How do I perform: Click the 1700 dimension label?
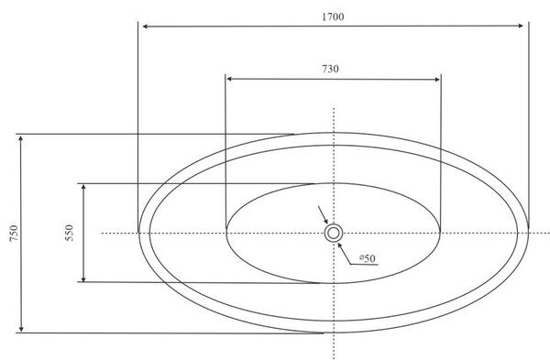point(333,16)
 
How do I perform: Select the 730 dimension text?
point(330,69)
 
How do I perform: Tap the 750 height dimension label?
point(14,233)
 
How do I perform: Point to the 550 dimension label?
point(70,233)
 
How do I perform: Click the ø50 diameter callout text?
point(368,258)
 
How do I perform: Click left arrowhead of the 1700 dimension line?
point(145,26)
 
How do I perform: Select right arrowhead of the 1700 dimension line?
point(521,26)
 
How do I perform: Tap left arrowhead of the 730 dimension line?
point(230,79)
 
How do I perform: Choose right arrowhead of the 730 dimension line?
point(436,80)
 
